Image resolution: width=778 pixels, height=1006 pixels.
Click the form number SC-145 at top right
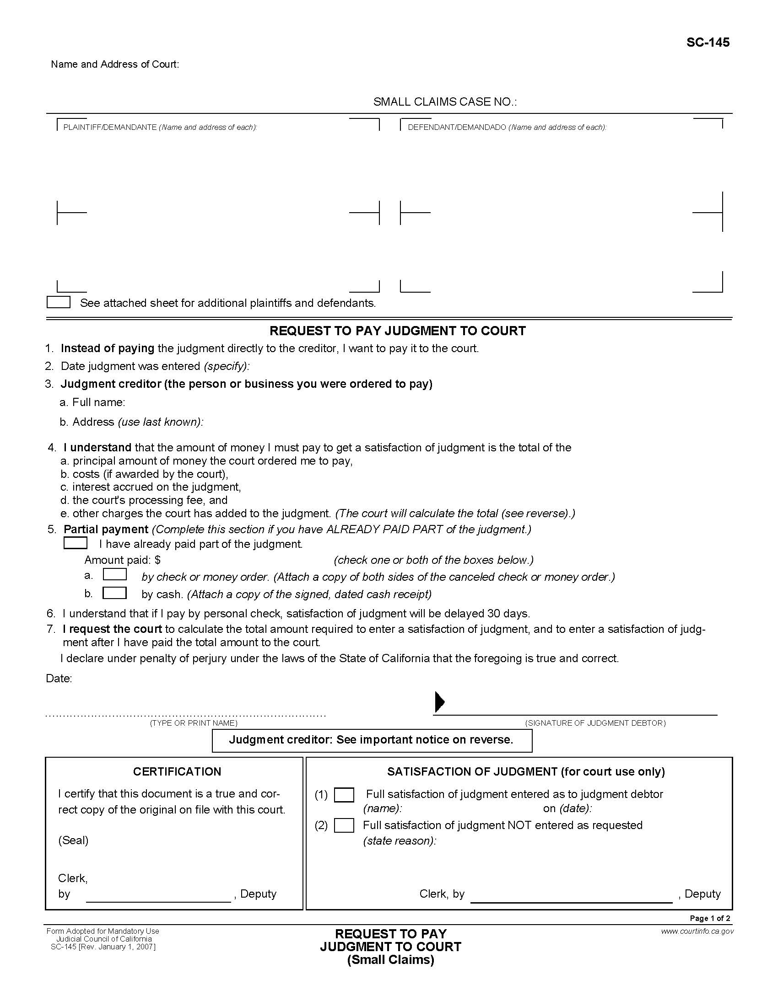(x=708, y=43)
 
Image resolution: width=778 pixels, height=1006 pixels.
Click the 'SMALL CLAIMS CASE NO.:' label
(x=445, y=102)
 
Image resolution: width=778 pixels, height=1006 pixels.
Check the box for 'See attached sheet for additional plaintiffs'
(x=59, y=302)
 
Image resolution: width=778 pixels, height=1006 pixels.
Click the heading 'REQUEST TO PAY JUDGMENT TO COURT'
(x=397, y=331)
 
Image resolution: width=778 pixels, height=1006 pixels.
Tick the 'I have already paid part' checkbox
(x=75, y=543)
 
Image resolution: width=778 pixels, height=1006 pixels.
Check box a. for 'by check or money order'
(x=114, y=574)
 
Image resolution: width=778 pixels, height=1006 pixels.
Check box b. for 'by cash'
(x=114, y=592)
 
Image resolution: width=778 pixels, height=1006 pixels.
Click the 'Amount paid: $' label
(x=122, y=560)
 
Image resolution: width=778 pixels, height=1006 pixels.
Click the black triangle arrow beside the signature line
(x=440, y=701)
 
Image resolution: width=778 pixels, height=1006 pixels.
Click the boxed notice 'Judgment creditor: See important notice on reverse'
(x=372, y=740)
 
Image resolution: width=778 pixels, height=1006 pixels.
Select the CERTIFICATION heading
(x=177, y=771)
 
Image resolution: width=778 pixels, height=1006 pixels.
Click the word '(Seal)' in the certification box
(x=73, y=840)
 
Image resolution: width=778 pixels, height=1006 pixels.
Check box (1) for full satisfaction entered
(x=344, y=795)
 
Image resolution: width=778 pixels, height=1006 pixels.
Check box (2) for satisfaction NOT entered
(x=344, y=825)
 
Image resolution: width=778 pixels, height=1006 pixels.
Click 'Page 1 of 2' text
(x=710, y=918)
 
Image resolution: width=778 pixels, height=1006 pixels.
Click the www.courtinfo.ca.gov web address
(x=697, y=931)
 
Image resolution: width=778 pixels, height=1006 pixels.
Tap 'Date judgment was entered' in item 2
(x=130, y=366)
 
